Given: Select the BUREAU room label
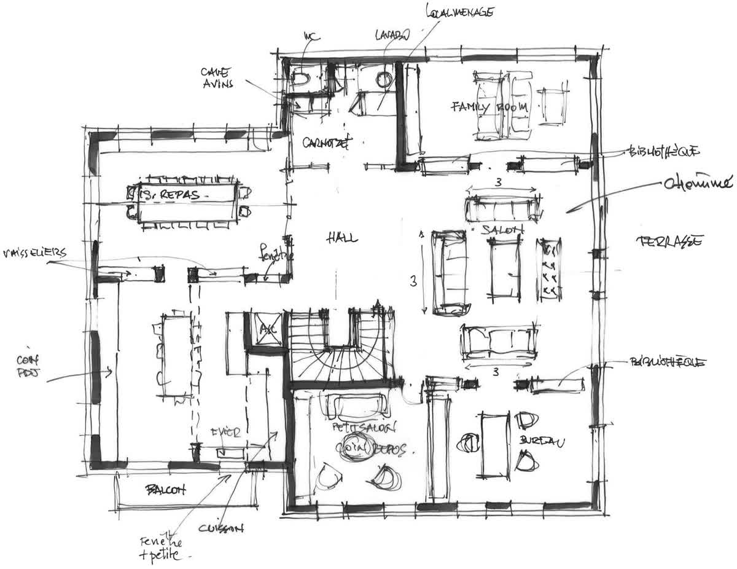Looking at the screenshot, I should tap(541, 441).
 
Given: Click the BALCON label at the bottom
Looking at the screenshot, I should tap(165, 490).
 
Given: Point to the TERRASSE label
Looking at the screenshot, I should tap(670, 241).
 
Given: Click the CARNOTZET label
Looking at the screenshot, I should tap(326, 144).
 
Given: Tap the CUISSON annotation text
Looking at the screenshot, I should tap(222, 528).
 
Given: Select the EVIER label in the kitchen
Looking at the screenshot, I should tap(226, 432).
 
